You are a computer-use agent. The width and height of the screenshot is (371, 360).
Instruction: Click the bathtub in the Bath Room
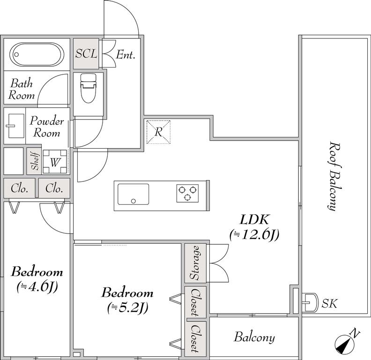(x=37, y=55)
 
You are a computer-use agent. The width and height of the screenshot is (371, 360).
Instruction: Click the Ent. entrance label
(x=126, y=55)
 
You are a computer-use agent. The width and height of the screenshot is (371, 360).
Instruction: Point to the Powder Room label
(x=46, y=127)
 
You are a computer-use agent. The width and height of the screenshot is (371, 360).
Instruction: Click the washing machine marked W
(x=55, y=162)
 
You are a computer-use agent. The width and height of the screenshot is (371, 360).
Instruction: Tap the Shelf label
(x=34, y=161)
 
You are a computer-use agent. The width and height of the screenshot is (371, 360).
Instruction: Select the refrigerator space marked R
(x=158, y=132)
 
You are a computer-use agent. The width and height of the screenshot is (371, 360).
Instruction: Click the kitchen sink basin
(x=134, y=194)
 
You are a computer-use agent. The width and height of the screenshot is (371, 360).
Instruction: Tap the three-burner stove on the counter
(x=187, y=193)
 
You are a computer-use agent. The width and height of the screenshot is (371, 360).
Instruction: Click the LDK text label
(x=254, y=219)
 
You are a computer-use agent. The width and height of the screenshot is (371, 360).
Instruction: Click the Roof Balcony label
(x=333, y=175)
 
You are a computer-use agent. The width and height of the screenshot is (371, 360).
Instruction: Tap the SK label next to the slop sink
(x=329, y=303)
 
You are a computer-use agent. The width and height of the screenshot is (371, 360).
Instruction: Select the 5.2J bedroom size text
(x=128, y=308)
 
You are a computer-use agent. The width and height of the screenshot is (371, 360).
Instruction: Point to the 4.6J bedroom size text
(x=37, y=286)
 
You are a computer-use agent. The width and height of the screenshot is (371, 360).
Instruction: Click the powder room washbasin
(x=15, y=126)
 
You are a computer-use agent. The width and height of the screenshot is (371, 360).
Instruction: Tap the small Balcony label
(x=254, y=337)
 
